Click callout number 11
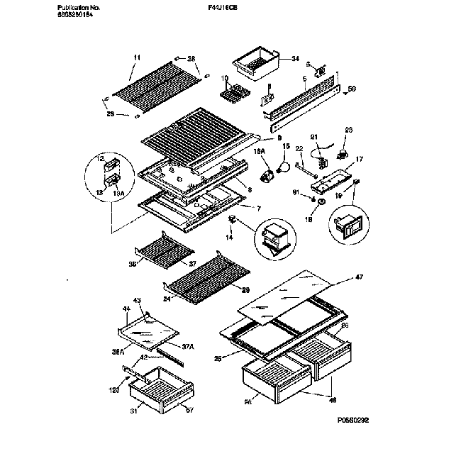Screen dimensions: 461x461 pyautogui.click(x=137, y=57)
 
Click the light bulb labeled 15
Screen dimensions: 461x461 pyautogui.click(x=284, y=168)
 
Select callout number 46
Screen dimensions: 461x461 pyautogui.click(x=331, y=399)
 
